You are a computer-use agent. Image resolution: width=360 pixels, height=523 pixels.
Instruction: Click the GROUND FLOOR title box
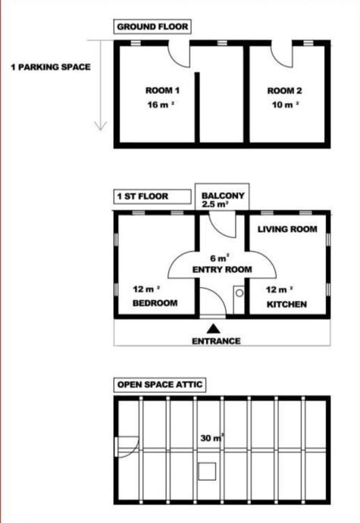click(152, 27)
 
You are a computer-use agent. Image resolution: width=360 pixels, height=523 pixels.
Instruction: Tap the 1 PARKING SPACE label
click(51, 67)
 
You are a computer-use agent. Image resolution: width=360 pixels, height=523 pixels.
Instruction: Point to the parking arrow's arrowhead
click(101, 126)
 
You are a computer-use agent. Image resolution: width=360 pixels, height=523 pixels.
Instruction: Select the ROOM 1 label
click(162, 90)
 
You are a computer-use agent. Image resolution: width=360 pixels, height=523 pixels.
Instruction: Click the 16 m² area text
click(161, 105)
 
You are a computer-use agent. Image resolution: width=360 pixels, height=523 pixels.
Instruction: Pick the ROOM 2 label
click(285, 91)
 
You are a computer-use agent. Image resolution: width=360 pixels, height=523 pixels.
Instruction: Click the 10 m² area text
click(285, 105)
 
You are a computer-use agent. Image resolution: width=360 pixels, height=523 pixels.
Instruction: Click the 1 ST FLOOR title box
click(152, 196)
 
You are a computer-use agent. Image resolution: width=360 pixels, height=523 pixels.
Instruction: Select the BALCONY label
click(223, 196)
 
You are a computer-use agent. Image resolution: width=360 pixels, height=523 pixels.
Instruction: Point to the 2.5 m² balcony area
click(215, 204)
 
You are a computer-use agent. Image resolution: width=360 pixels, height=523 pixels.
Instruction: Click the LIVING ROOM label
click(287, 229)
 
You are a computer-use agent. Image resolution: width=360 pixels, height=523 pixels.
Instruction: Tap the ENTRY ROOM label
click(222, 270)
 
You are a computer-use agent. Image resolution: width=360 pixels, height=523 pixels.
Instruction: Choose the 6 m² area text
click(220, 258)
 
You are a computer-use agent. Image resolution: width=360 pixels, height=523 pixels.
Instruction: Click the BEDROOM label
click(155, 303)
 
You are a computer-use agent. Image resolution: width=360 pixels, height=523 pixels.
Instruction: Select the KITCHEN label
click(286, 304)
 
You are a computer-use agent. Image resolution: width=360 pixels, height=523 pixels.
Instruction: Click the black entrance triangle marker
click(213, 329)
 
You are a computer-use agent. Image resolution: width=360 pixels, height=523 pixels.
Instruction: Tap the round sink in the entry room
click(239, 293)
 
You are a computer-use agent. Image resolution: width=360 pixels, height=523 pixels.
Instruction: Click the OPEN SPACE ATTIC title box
click(160, 384)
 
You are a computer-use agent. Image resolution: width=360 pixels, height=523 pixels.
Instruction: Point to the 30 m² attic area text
click(212, 438)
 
